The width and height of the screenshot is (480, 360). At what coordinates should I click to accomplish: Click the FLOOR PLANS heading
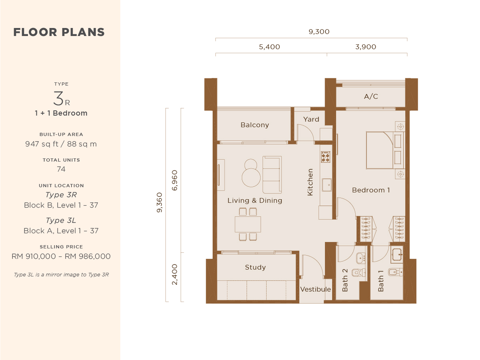(59, 32)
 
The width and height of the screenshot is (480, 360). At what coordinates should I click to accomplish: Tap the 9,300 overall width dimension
(319, 32)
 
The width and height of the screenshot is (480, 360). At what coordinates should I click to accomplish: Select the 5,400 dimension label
(269, 47)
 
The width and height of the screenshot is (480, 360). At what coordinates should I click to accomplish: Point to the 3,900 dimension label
(366, 47)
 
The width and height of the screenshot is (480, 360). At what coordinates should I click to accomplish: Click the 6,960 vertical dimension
(175, 180)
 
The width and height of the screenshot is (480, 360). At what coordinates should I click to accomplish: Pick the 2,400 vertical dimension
(175, 274)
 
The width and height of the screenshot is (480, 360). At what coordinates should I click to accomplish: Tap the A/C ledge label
(371, 96)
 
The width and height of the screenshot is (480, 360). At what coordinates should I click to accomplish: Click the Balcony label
(255, 125)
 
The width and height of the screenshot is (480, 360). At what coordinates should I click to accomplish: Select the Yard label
(311, 119)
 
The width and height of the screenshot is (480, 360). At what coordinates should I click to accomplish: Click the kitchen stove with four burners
(326, 157)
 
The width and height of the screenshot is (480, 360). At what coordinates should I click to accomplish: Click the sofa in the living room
(272, 175)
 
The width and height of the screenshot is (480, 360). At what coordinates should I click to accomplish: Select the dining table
(248, 224)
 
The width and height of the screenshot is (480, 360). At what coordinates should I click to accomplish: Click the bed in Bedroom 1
(384, 150)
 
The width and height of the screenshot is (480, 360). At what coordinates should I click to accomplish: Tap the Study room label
(255, 267)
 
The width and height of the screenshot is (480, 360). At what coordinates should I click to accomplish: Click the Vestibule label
(315, 289)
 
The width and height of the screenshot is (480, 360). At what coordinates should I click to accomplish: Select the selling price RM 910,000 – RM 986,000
(61, 256)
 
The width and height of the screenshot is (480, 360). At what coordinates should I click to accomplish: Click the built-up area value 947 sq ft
(61, 144)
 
